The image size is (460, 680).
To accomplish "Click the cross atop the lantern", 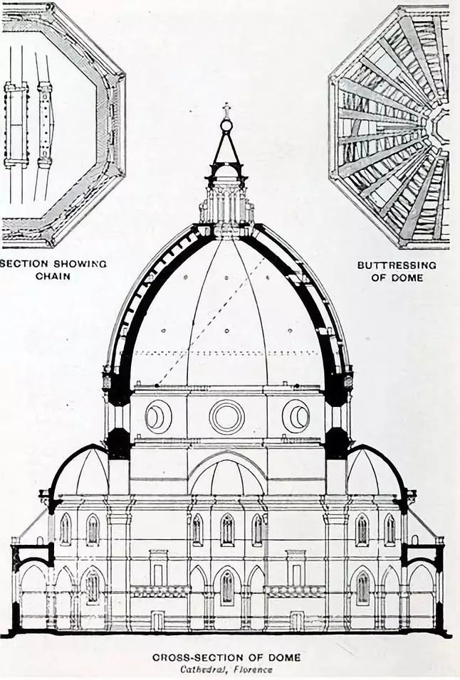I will [226, 110].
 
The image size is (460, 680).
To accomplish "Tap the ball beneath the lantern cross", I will [226, 126].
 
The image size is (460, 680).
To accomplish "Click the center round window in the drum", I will [226, 417].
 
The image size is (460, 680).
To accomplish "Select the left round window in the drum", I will [158, 416].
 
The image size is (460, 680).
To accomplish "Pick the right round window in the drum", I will [296, 416].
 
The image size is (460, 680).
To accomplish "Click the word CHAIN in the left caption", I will [53, 276].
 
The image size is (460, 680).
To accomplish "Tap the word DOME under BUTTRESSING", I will [407, 277].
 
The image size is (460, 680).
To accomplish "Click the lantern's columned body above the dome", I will [226, 203].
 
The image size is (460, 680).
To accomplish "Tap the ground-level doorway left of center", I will [158, 620].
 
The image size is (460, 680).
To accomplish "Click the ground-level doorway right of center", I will [296, 620].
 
